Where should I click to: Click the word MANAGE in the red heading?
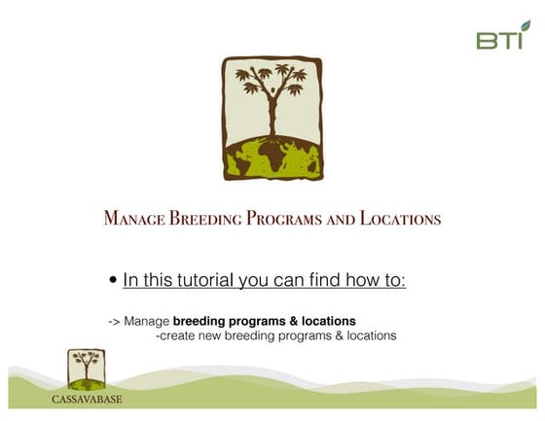coord(134,219)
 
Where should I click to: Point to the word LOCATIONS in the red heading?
coord(400,219)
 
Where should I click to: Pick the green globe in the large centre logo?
coord(272,158)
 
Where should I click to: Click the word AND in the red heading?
coord(342,219)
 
